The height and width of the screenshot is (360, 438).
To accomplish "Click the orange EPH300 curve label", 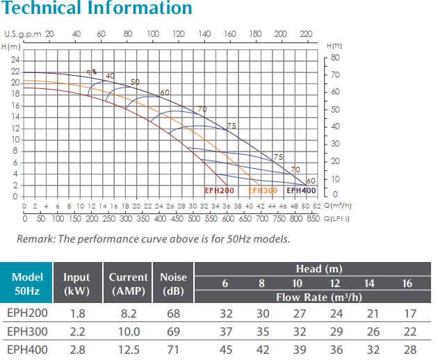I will click(263, 190).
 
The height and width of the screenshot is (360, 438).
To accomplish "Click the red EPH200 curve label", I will click(220, 190).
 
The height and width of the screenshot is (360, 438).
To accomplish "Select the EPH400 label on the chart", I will click(302, 190).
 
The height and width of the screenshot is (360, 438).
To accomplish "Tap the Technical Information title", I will click(97, 9).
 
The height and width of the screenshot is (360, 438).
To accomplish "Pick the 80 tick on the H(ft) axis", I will click(335, 57).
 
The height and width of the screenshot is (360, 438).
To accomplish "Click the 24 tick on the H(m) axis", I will click(15, 60).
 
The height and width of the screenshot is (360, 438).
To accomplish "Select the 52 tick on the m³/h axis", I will click(316, 206).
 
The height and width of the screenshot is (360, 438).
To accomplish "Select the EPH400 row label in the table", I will click(27, 350).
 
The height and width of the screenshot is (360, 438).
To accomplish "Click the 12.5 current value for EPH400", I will click(129, 350).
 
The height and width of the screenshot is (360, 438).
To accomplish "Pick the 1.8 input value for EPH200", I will click(78, 313).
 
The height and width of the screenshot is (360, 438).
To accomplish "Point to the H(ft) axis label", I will click(334, 45).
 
